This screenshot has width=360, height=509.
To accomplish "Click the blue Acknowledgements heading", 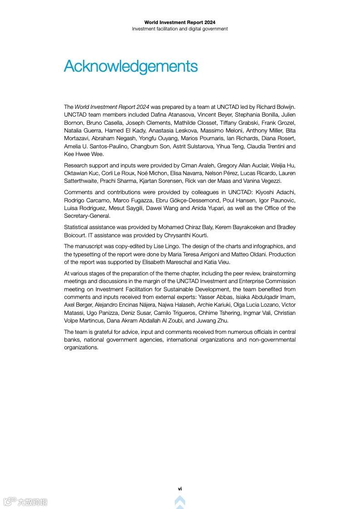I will [131, 66].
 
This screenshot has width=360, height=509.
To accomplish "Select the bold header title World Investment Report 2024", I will [180, 22].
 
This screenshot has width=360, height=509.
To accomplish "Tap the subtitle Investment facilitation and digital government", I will [180, 29].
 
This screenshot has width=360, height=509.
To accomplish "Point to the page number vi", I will [180, 489].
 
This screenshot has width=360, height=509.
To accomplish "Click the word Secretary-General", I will [87, 216].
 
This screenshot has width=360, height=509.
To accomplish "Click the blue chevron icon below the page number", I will [180, 501].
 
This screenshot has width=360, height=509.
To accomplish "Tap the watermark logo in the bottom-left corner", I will [25, 501].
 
